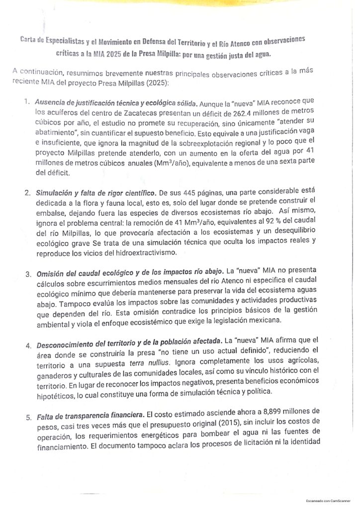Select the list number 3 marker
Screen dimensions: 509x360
pyautogui.click(x=28, y=274)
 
